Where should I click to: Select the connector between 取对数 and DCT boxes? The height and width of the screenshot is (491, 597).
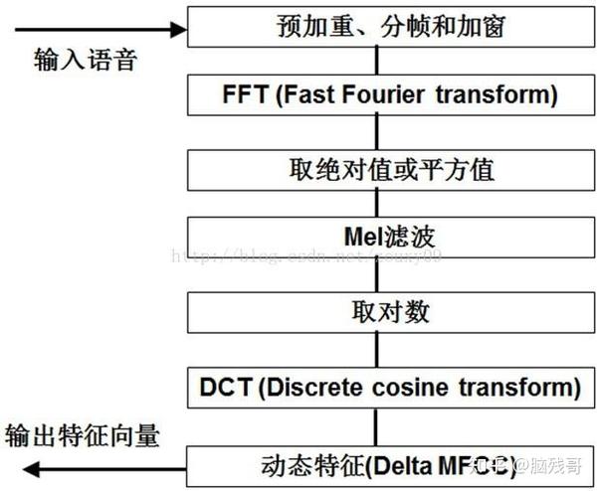[x=376, y=349]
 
